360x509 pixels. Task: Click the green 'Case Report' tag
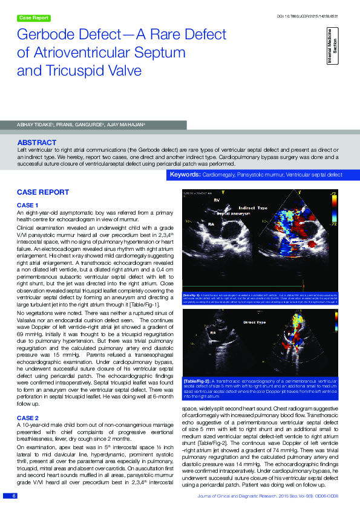[x=34, y=18]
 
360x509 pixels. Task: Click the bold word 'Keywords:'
[x=185, y=175]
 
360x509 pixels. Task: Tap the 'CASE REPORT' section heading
[x=42, y=192]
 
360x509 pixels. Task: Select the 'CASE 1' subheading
[x=27, y=206]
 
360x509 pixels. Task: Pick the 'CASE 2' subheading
[x=27, y=418]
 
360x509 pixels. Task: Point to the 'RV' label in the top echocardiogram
[x=217, y=199]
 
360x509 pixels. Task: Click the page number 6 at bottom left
[x=13, y=496]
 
